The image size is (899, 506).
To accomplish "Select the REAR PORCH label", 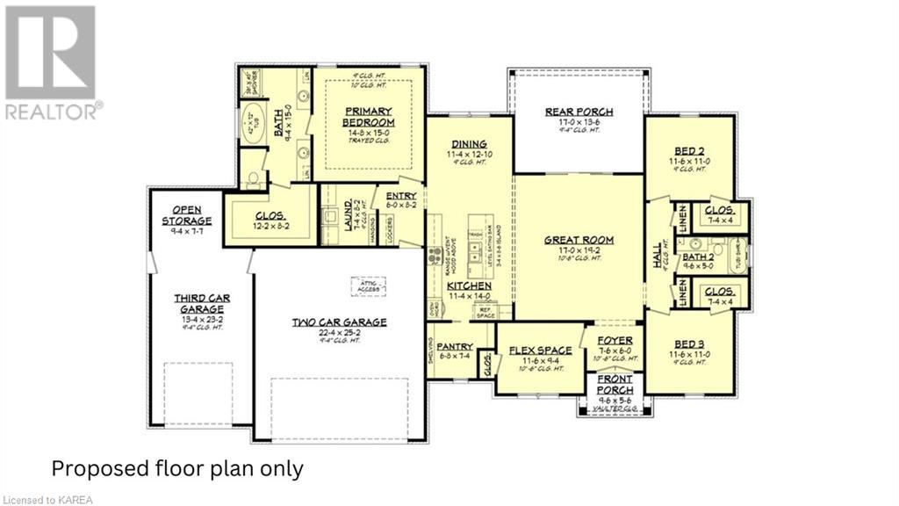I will click(x=579, y=112).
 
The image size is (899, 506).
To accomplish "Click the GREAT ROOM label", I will click(x=579, y=240).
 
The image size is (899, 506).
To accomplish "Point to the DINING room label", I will click(x=470, y=144).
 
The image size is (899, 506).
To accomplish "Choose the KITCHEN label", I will click(x=468, y=286).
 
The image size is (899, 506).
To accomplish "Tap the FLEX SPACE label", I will click(x=540, y=350).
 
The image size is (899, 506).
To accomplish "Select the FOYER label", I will click(x=615, y=341).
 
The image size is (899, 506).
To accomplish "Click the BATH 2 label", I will click(x=698, y=256).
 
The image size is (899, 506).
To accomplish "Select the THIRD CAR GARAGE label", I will click(x=201, y=304).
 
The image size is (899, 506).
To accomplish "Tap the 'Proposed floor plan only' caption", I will click(x=177, y=468).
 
